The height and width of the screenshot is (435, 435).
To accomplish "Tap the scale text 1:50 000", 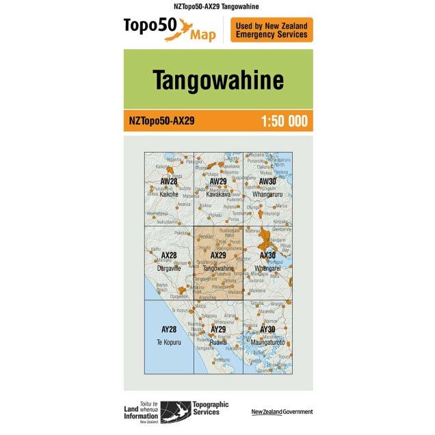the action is [x=284, y=122].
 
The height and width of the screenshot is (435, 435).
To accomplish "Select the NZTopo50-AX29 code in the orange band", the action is [x=161, y=122].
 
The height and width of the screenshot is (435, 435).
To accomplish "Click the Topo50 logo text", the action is [x=150, y=27].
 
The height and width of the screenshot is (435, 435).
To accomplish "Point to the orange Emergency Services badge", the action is [x=272, y=30].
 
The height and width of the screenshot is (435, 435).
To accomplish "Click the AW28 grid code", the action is [x=168, y=181].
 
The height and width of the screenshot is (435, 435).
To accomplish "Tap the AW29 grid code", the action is [x=218, y=181].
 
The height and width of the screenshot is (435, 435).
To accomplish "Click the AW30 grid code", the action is [x=267, y=181].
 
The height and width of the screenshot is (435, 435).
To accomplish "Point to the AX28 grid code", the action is [x=168, y=255].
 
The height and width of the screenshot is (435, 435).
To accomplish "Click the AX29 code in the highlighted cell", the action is [x=218, y=256].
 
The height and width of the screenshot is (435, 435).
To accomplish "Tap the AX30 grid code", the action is [x=267, y=255].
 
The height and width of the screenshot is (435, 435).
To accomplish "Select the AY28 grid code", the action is [x=168, y=329].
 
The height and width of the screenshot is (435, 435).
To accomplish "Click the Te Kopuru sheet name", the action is [x=168, y=341].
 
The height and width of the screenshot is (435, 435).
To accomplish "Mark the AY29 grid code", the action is [x=218, y=329].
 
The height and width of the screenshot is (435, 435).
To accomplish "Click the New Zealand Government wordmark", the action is [x=282, y=412].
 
